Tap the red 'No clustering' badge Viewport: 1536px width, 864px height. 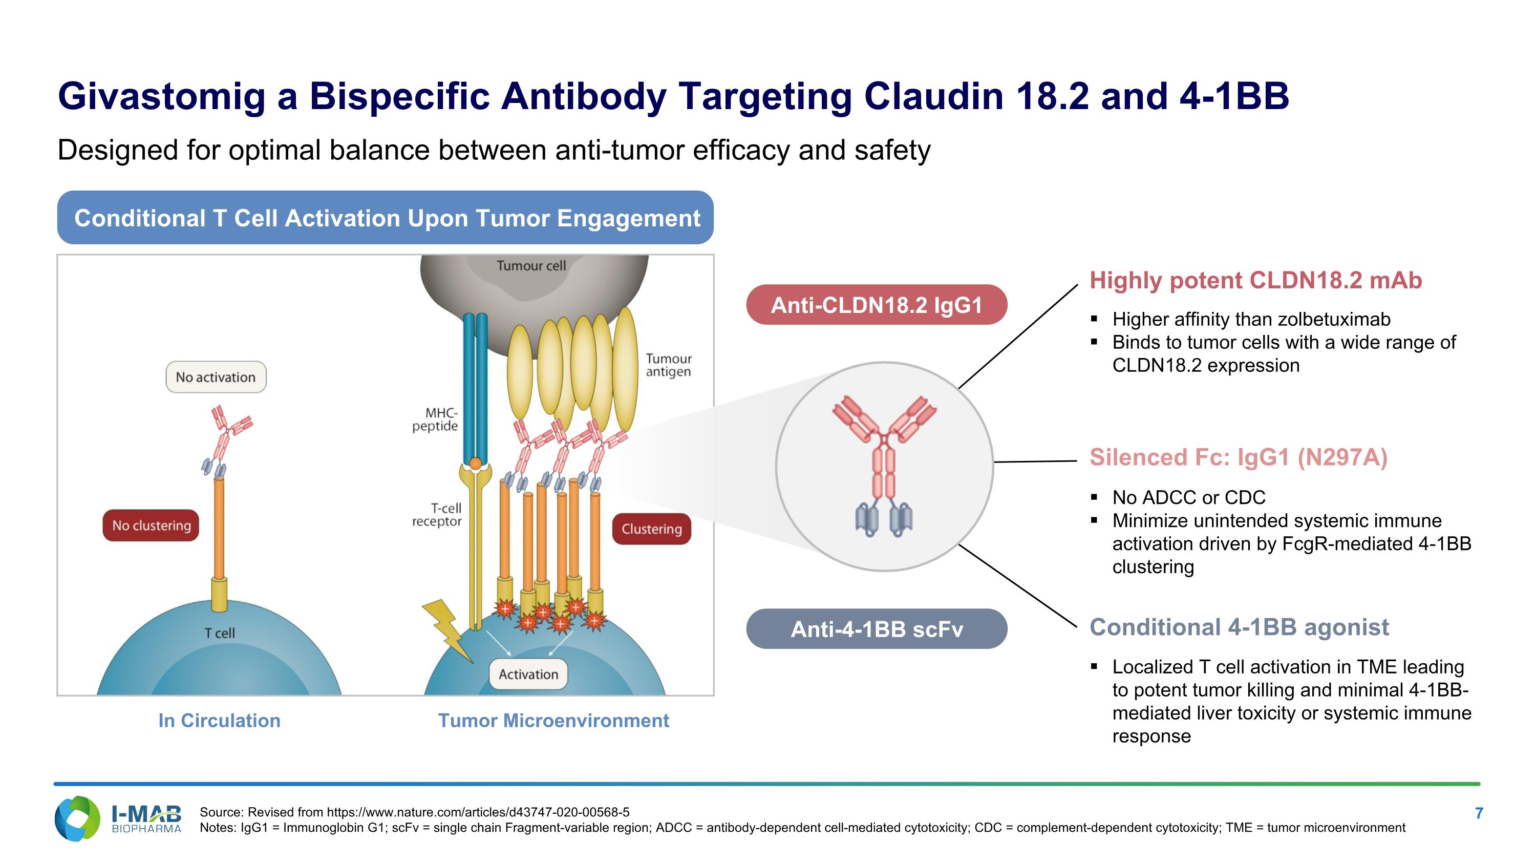[x=151, y=525]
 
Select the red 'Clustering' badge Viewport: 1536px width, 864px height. [x=651, y=529]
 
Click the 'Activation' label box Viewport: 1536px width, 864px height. [x=528, y=674]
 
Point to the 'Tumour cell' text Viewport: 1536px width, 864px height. [x=530, y=266]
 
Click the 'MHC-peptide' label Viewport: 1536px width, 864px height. [x=436, y=419]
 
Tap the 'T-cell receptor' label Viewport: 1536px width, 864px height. [x=438, y=515]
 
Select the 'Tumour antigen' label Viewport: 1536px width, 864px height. [x=668, y=365]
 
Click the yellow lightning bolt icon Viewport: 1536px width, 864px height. [x=446, y=629]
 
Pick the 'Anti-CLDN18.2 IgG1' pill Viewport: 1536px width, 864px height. [x=877, y=305]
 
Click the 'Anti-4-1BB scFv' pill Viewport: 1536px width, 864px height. [x=877, y=629]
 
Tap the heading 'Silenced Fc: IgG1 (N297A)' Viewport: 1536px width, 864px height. [x=1238, y=457]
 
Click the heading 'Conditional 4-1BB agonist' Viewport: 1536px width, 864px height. [x=1239, y=627]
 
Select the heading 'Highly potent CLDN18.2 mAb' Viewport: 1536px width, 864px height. [x=1255, y=280]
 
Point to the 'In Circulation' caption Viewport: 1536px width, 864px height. [x=219, y=720]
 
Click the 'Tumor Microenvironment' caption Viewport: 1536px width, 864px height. [x=553, y=720]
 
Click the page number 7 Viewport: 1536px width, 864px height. [x=1479, y=813]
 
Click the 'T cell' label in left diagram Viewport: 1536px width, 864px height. [x=220, y=633]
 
